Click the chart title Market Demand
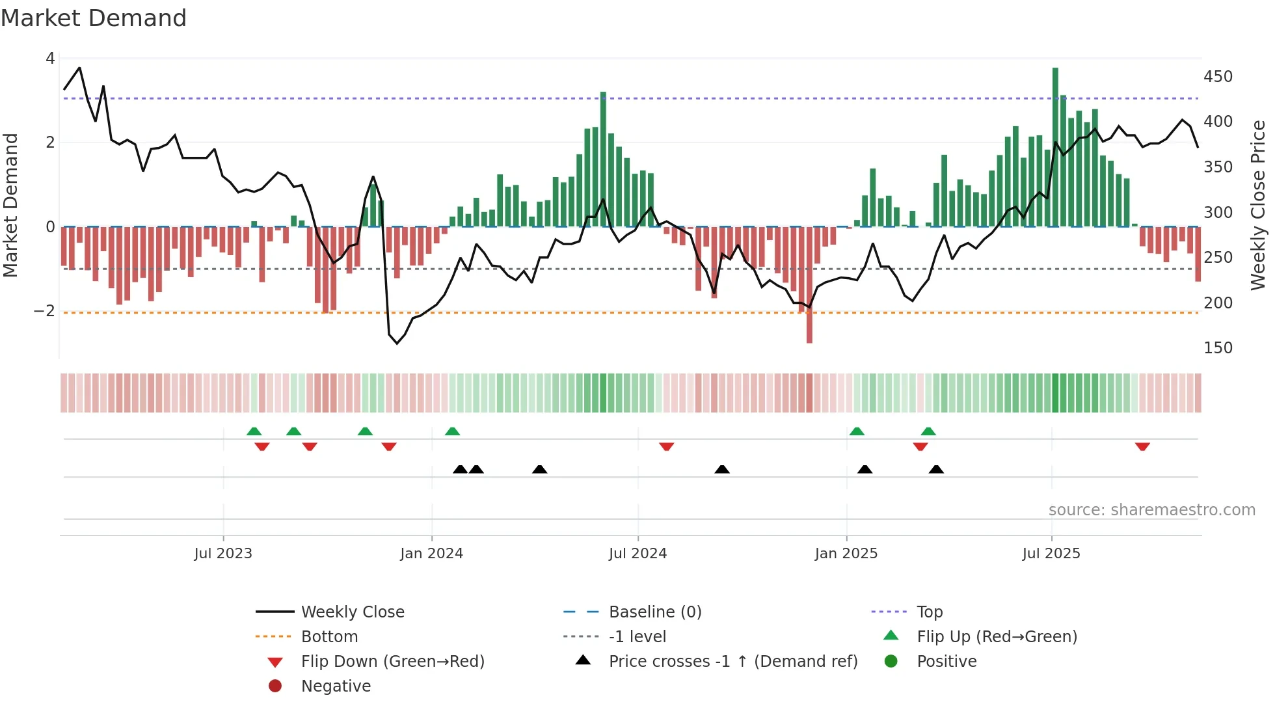(x=94, y=18)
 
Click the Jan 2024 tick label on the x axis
(x=431, y=554)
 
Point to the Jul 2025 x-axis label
(x=1051, y=554)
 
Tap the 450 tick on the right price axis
(x=1218, y=77)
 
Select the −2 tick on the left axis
(x=44, y=311)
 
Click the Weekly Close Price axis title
(x=1258, y=205)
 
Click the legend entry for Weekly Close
(x=352, y=612)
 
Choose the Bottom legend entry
(x=329, y=637)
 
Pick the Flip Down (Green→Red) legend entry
(x=392, y=662)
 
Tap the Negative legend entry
(x=336, y=686)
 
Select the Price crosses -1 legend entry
(x=732, y=662)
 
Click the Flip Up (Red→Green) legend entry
(x=997, y=637)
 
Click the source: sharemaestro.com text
(x=1151, y=510)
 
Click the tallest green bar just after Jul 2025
(x=1055, y=146)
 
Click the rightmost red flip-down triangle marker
(x=1142, y=446)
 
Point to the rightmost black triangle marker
(x=936, y=469)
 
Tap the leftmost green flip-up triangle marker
(x=254, y=431)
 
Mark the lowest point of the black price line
(x=397, y=343)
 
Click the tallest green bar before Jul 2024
(x=603, y=159)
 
